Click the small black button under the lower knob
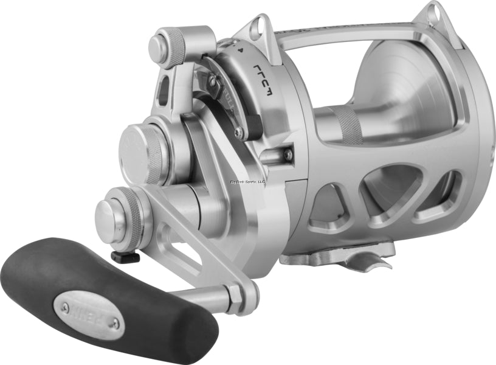125,257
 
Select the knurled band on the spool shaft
347,125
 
